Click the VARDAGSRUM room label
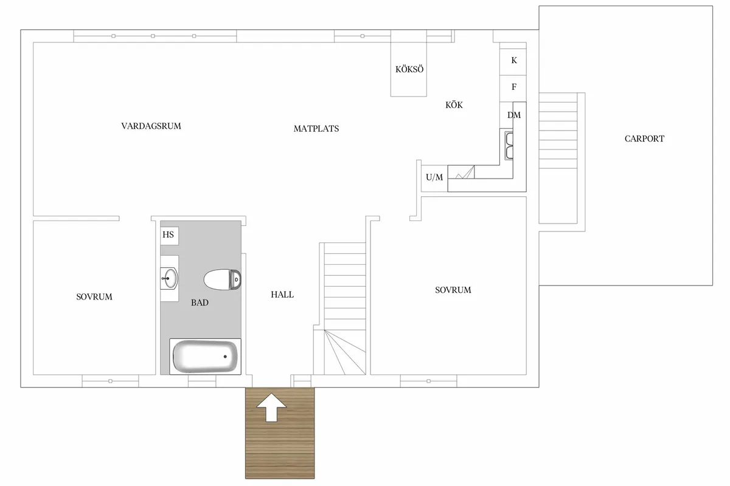[151, 126]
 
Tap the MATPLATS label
[316, 129]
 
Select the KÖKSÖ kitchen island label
[409, 69]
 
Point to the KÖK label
[454, 105]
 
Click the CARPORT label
[644, 139]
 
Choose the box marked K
[514, 60]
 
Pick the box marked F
[514, 87]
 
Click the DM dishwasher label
[514, 115]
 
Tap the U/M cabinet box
[434, 178]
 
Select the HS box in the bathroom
[169, 234]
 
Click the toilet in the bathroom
[223, 279]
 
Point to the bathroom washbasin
[169, 279]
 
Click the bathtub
[204, 356]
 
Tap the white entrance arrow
[273, 406]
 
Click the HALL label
[282, 295]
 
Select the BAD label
[200, 302]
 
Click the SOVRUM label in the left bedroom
[94, 297]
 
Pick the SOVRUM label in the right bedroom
[453, 290]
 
